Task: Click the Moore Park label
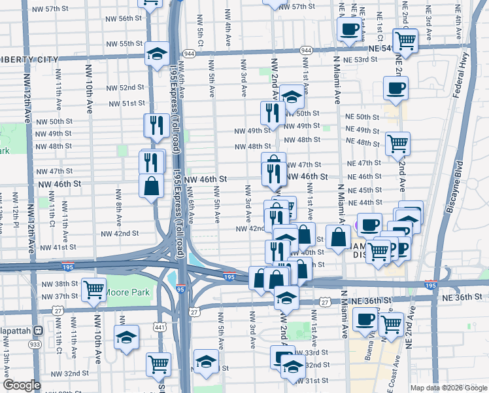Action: [x=127, y=293]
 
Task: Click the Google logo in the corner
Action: [x=22, y=385]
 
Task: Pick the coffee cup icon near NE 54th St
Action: [x=349, y=29]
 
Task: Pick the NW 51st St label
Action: [x=127, y=103]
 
